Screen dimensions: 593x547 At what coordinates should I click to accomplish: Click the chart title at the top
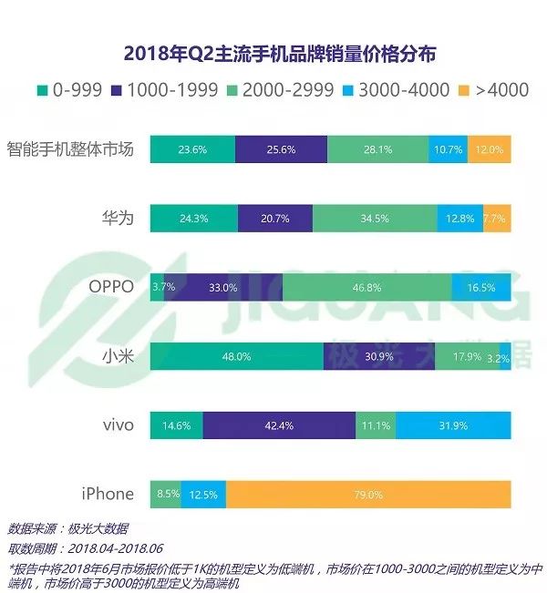point(273,54)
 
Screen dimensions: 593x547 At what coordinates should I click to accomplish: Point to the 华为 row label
point(119,219)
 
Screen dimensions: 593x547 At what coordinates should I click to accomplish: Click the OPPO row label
point(111,287)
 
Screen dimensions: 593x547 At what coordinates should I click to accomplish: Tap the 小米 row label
point(119,356)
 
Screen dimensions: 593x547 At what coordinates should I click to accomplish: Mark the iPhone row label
point(108,495)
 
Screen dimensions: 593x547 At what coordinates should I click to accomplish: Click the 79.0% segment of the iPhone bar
point(368,495)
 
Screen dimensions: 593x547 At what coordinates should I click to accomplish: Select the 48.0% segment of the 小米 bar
point(236,356)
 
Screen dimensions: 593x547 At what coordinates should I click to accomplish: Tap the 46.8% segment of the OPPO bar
point(366,287)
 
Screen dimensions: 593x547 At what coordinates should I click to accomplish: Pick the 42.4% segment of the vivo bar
point(279,425)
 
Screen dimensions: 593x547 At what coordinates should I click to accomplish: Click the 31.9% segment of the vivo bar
point(453,425)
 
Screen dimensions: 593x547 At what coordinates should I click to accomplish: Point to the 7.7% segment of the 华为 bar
point(497,219)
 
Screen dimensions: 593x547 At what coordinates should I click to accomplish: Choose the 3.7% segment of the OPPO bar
point(157,287)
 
